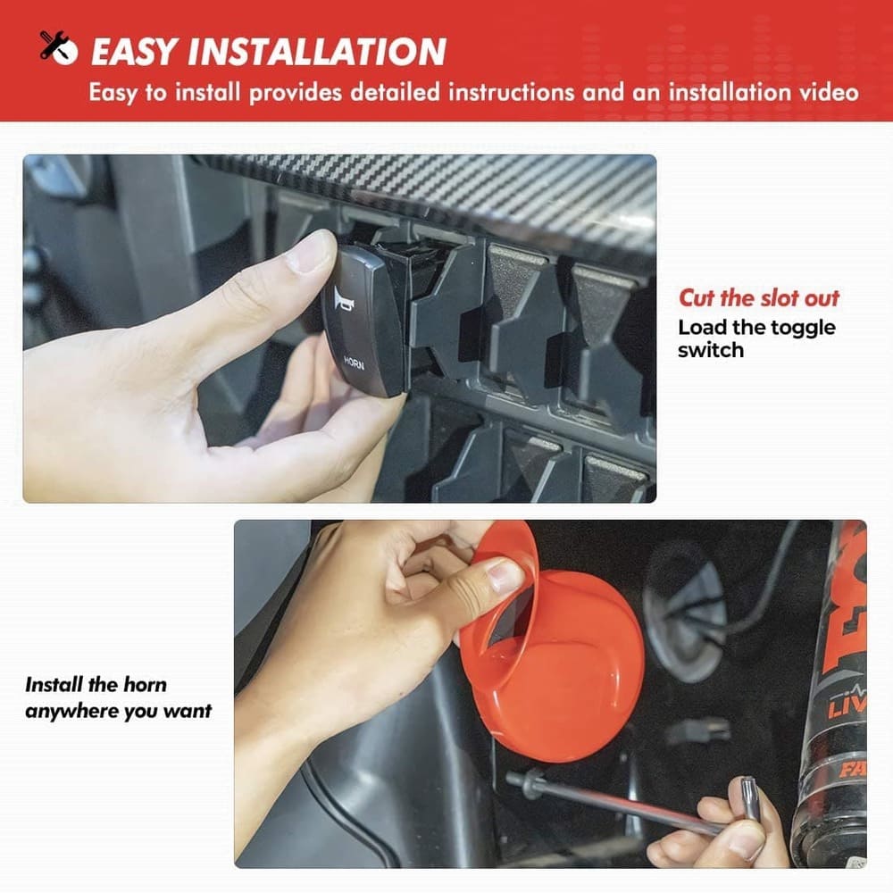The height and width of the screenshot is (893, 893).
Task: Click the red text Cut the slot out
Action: click(759, 298)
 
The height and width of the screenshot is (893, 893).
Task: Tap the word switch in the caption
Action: click(710, 350)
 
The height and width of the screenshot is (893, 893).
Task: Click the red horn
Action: click(563, 661)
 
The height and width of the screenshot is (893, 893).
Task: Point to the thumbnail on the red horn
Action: click(505, 576)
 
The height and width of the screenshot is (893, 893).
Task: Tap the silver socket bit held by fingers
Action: click(747, 797)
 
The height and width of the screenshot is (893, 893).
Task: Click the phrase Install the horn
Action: click(96, 685)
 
